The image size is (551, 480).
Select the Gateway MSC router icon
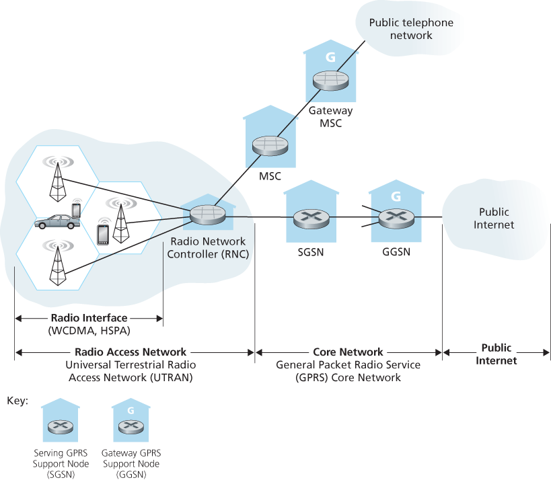[x=330, y=81]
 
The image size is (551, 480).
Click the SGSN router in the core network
[x=311, y=218]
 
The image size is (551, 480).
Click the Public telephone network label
[x=411, y=29]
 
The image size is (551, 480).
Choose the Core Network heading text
[x=348, y=352]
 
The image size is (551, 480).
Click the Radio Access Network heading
[x=131, y=352]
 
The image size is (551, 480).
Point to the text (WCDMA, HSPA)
[x=88, y=331]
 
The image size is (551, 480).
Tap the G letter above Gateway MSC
[x=330, y=57]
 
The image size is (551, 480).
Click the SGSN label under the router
[x=311, y=253]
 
